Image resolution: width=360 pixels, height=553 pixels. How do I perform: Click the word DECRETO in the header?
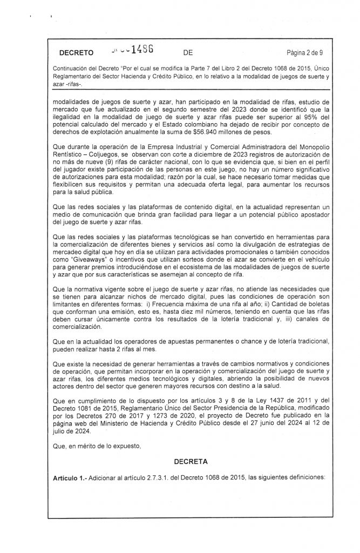76,52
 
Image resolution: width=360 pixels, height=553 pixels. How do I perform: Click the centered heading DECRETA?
191,463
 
